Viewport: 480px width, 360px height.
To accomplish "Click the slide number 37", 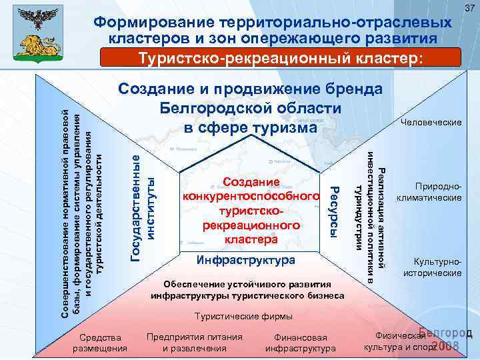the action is [x=469, y=7].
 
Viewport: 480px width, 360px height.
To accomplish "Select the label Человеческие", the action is [x=431, y=123].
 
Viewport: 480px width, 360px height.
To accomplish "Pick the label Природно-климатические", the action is [x=430, y=191].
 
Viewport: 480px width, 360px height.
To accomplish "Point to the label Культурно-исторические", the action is [x=430, y=267].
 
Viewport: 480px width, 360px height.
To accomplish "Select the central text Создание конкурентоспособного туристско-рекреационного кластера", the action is [x=247, y=210].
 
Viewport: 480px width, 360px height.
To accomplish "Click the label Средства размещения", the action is [x=100, y=342].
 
